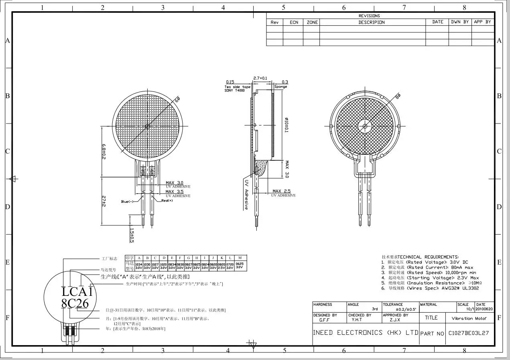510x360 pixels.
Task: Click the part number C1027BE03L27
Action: click(468, 333)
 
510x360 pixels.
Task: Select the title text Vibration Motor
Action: click(469, 318)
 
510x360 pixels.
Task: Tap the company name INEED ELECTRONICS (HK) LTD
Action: click(365, 333)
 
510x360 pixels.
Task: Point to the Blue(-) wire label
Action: click(130, 202)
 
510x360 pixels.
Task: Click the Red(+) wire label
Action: click(167, 200)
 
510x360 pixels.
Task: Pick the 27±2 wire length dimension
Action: click(104, 201)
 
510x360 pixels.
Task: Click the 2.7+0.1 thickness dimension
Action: click(261, 78)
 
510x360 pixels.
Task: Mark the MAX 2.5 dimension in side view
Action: click(281, 191)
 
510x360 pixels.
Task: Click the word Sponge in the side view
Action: click(281, 87)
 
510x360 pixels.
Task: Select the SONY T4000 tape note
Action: click(234, 91)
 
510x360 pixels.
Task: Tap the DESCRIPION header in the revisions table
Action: click(371, 22)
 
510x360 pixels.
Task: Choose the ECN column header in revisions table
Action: click(294, 22)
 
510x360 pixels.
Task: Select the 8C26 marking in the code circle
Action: click(75, 303)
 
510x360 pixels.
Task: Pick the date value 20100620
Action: click(484, 309)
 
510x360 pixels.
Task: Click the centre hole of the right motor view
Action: click(365, 125)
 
